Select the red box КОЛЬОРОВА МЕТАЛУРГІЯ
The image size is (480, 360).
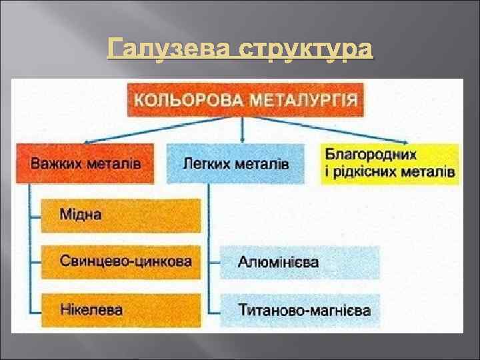coord(245,100)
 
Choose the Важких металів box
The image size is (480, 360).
coord(85,163)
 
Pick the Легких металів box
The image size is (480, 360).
coord(235,163)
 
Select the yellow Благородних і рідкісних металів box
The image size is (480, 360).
coord(390,163)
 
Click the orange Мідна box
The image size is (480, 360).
coord(120,215)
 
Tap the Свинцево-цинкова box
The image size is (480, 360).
coord(120,262)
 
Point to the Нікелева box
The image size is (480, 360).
coord(120,309)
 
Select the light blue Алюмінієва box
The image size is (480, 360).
coord(300,262)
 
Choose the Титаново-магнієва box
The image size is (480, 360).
coord(300,309)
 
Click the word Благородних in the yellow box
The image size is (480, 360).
coord(371,155)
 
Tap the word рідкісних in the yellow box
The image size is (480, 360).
coord(371,172)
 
